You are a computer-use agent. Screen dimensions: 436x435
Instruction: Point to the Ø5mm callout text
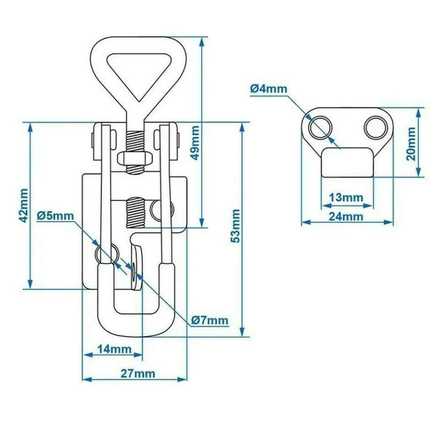[x=55, y=216]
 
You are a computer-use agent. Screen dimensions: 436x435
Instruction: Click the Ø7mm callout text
[x=210, y=320]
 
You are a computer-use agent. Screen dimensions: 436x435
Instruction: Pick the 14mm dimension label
[x=114, y=349]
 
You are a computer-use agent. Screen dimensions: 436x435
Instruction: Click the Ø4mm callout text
[x=268, y=89]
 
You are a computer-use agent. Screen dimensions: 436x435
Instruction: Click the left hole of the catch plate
[x=321, y=127]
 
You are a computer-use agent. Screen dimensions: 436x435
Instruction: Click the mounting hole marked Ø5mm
[x=107, y=253]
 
